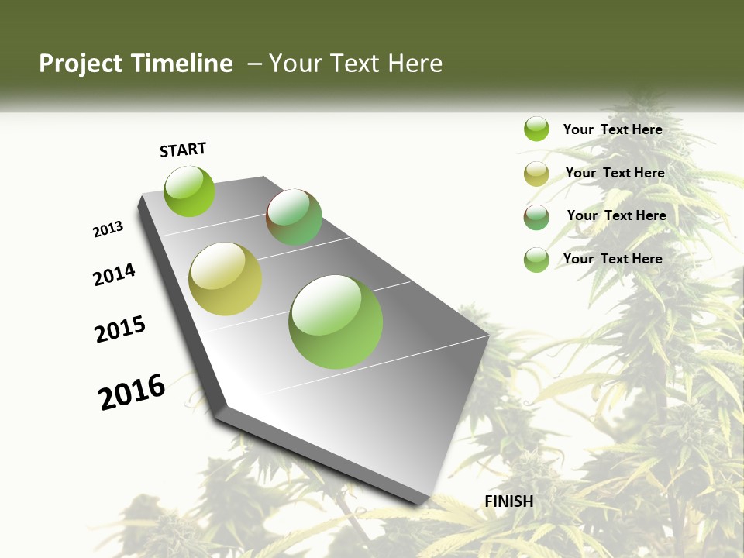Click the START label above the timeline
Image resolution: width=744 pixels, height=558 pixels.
183,150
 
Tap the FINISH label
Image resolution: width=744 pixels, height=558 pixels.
509,501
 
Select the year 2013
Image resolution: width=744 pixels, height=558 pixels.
108,229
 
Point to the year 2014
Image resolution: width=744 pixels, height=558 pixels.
115,274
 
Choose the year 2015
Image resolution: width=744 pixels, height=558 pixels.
120,329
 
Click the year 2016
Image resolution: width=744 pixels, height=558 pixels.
132,391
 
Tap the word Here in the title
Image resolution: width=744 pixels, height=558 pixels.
415,64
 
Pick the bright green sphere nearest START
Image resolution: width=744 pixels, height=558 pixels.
189,191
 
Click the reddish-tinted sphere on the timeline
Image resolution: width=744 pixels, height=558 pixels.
294,217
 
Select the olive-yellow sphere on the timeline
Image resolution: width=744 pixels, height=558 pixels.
226,279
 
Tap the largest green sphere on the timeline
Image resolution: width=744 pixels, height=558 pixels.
336,321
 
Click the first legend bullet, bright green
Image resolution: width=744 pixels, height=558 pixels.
536,129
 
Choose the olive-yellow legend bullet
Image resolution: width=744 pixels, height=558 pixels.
536,174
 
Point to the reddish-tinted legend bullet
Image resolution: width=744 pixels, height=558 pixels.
536,217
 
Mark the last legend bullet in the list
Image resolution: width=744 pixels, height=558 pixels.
536,260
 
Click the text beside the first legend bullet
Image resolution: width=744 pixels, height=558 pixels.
612,129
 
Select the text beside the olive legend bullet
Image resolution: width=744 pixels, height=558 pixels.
615,173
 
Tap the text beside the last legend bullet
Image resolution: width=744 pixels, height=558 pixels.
612,259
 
